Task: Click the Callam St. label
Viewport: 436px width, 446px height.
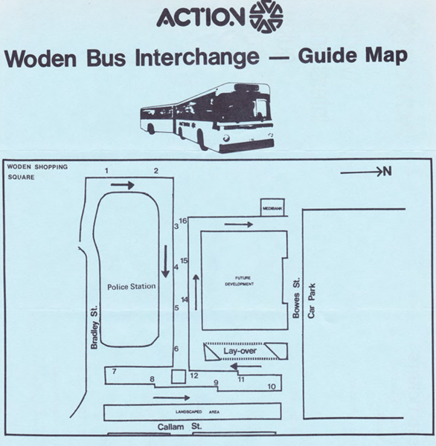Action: (176, 427)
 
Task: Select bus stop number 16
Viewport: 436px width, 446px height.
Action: (183, 221)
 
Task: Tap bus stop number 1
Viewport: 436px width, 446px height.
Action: (107, 172)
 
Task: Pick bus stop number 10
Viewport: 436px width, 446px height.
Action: (272, 387)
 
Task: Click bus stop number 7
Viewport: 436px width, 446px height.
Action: (115, 370)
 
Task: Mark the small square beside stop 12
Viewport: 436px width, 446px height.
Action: (178, 377)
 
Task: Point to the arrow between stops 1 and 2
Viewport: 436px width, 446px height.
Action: (127, 185)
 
